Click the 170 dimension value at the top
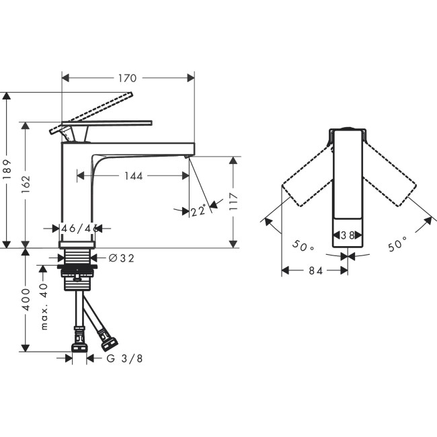[127, 78]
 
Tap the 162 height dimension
[25, 185]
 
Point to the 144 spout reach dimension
[134, 176]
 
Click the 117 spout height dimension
[233, 201]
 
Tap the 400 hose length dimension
[25, 299]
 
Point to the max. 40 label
[44, 306]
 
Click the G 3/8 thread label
[124, 358]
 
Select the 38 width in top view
[348, 236]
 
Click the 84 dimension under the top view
[314, 270]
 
